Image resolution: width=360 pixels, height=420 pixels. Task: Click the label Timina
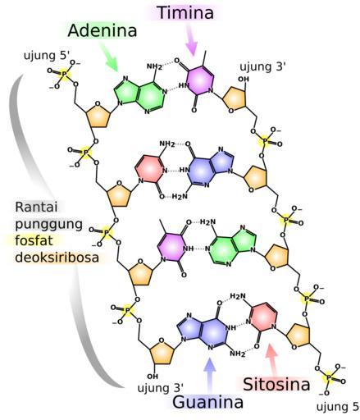[x=186, y=13]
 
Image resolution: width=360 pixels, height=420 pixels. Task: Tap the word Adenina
[x=103, y=30]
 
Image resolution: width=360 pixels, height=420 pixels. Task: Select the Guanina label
[x=208, y=402]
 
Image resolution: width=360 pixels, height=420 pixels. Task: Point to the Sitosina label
[x=276, y=384]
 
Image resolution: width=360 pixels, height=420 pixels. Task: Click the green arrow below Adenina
[x=108, y=57]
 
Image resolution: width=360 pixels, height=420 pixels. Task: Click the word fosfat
[x=34, y=240]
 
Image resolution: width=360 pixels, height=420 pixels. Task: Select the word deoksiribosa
[x=57, y=258]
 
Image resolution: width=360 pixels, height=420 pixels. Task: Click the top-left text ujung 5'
[x=47, y=56]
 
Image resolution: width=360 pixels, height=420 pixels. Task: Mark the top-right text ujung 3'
[x=262, y=66]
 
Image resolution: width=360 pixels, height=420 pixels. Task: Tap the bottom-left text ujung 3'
[x=161, y=388]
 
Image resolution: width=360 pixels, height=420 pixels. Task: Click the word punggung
[x=48, y=225]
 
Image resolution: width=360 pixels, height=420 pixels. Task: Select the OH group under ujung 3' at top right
[x=244, y=79]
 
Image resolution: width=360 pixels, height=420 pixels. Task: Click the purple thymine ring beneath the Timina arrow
[x=198, y=81]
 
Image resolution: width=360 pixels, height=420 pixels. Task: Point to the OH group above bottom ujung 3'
[x=153, y=377]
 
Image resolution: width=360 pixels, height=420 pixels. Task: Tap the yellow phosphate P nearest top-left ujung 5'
[x=63, y=74]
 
